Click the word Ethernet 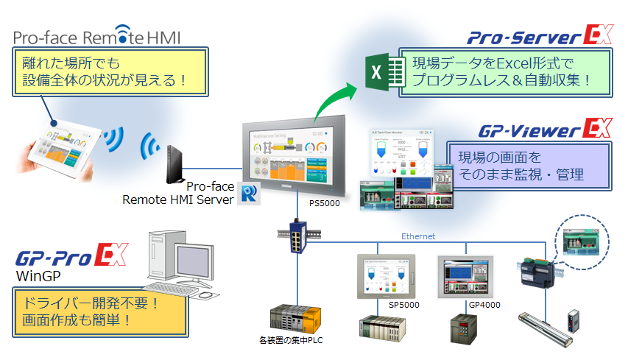[x=417, y=236]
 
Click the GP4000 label [x=483, y=303]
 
